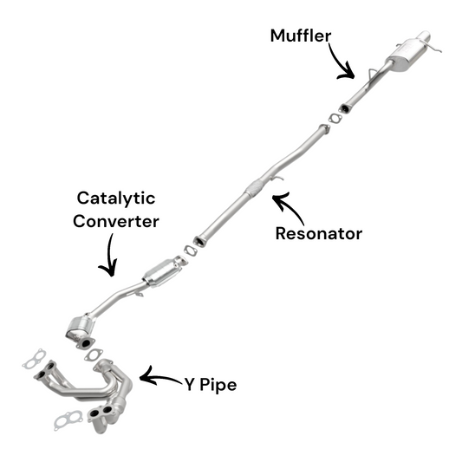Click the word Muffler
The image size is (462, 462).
301,36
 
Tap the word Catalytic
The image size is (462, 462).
116,198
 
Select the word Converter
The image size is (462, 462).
116,221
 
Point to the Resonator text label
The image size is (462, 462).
318,234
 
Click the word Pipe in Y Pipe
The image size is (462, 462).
218,385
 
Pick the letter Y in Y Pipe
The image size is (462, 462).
190,384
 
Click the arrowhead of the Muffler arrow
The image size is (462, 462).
348,72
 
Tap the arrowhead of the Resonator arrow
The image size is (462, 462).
280,198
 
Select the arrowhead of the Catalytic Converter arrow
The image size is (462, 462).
108,268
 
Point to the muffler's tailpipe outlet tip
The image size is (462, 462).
425,36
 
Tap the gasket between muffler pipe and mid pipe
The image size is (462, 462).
335,119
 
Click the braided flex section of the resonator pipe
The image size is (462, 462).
255,186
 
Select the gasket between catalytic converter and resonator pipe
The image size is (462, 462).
191,251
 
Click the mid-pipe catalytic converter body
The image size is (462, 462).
161,272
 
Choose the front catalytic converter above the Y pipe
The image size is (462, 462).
80,328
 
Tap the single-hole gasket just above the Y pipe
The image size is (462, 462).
94,355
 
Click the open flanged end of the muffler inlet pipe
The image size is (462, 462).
344,108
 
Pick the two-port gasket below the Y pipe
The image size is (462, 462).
68,420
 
